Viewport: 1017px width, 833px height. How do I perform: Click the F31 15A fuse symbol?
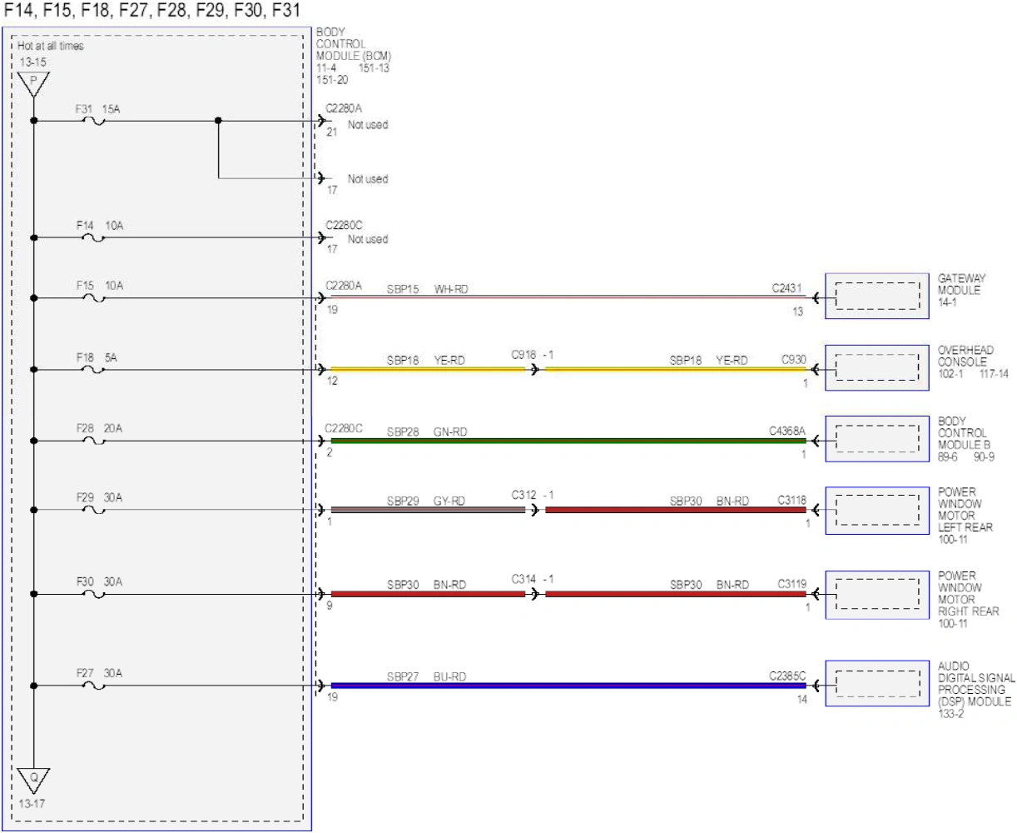(94, 121)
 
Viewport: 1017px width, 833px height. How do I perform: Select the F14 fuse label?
(85, 226)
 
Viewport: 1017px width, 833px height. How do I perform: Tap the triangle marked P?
(33, 84)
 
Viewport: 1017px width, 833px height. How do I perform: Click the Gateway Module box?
(876, 296)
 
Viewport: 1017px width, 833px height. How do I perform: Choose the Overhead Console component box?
(876, 367)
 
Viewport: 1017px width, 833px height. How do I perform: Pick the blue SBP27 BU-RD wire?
(568, 686)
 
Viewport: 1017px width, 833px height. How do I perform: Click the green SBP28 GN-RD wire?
(568, 441)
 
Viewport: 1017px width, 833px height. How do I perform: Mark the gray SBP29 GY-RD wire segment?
(428, 510)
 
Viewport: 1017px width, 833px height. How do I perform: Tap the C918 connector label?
(523, 355)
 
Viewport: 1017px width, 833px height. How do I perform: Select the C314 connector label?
(523, 579)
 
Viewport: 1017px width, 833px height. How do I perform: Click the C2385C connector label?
(787, 676)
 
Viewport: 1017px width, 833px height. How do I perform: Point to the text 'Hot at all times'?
(50, 46)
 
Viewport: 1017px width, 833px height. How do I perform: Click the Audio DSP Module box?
(876, 683)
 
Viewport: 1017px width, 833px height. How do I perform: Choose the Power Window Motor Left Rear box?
(876, 511)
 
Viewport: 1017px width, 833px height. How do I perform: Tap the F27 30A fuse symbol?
(94, 686)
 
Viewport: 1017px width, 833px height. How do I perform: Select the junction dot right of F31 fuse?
(218, 120)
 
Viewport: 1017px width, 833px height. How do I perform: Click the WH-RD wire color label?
(451, 289)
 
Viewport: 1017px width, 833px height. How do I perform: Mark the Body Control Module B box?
(876, 439)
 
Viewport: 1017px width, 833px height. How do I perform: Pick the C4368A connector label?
(787, 431)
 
